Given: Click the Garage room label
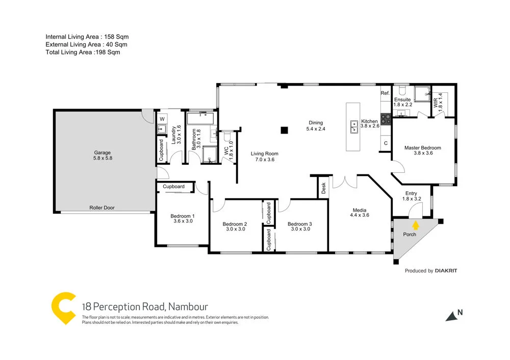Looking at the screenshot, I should coord(102,152).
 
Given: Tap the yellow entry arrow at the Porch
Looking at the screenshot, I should coord(416,224).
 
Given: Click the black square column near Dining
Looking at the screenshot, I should coord(284,130).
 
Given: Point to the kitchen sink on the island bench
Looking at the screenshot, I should coord(353,126).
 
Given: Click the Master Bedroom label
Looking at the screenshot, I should coord(422,148).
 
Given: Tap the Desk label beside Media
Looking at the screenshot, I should coord(323,189).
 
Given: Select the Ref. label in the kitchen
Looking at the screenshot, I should coord(385,94).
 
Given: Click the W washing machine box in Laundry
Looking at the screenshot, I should coord(162,119).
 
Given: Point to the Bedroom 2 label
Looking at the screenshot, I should coord(235,224).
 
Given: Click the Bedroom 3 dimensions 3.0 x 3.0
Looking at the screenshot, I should coord(299,229).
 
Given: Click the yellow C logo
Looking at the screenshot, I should coord(63,308).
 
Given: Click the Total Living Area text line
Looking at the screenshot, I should coord(83,52).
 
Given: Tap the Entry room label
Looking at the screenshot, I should coord(412,193).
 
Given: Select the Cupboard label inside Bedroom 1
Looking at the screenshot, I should coord(173,187).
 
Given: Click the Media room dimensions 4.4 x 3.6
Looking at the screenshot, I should coord(359,215).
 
